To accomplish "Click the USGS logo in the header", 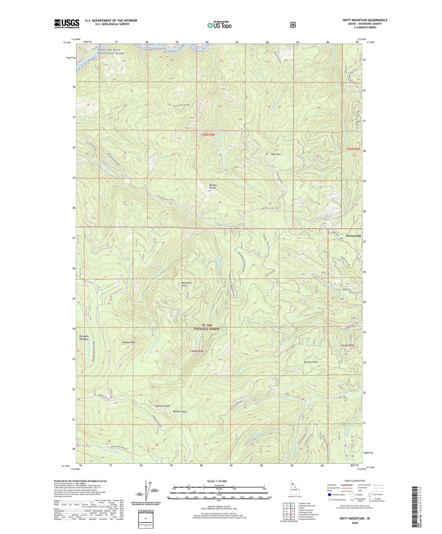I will click(x=67, y=24).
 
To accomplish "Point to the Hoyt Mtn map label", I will click(x=276, y=154).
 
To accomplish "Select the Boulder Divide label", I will click(x=212, y=186).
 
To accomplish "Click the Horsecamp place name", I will click(x=354, y=236).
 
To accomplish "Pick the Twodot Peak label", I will click(x=128, y=343).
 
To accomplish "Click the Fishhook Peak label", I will click(x=162, y=406).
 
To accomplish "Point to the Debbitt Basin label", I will click(x=180, y=411).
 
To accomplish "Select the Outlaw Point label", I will click(x=311, y=362).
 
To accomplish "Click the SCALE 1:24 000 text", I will click(x=219, y=481).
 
